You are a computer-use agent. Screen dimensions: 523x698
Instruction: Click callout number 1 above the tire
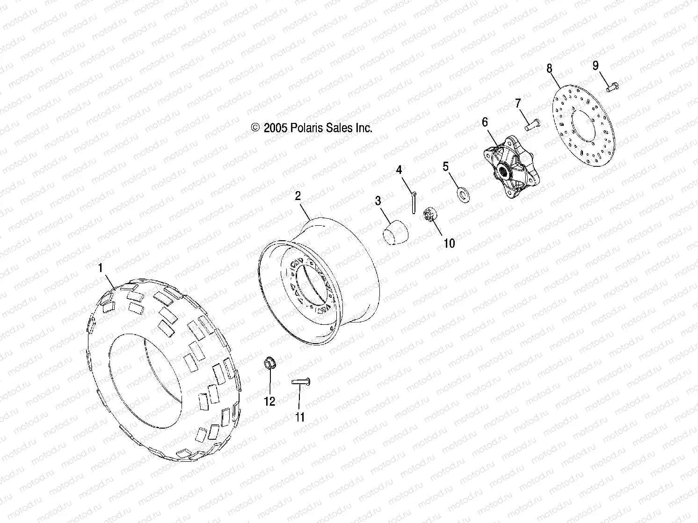(100, 268)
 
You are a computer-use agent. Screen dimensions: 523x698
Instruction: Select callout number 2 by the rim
(298, 196)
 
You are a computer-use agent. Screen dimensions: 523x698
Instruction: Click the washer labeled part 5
(463, 193)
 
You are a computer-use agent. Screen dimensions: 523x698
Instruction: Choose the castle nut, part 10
(431, 215)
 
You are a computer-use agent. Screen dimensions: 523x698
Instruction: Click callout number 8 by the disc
(549, 69)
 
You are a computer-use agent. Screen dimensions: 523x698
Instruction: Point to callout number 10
(449, 243)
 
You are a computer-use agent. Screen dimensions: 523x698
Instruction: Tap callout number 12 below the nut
(270, 401)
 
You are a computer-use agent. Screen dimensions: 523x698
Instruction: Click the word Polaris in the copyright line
(310, 128)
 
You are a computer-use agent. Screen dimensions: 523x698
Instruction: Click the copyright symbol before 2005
(255, 128)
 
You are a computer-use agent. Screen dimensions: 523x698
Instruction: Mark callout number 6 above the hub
(485, 122)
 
